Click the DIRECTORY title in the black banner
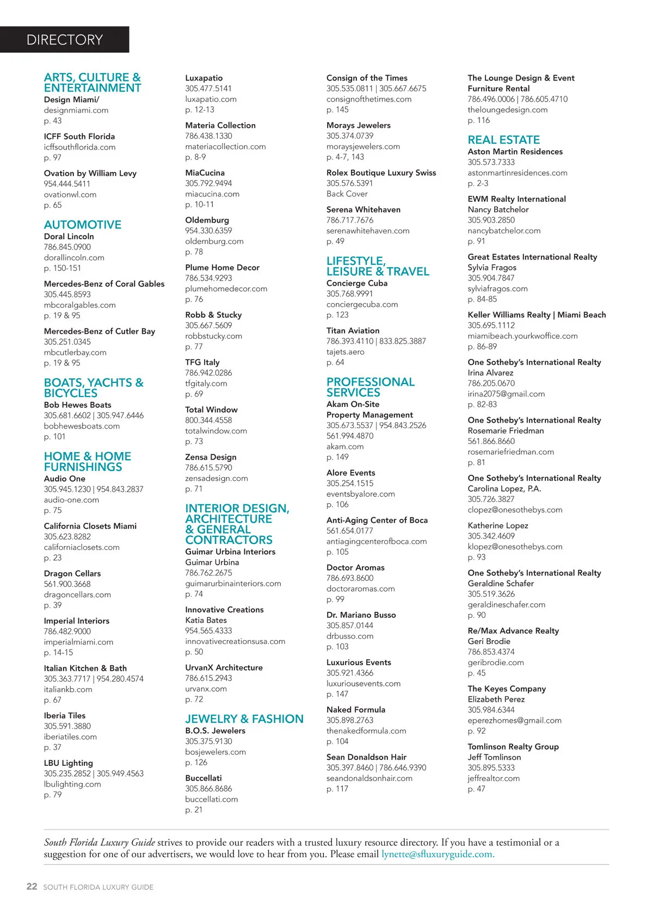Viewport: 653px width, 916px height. pyautogui.click(x=64, y=40)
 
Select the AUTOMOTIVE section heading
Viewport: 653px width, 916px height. pyautogui.click(x=83, y=225)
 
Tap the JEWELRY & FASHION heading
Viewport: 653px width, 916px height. pyautogui.click(x=244, y=719)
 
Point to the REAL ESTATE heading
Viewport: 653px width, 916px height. pyautogui.click(x=504, y=140)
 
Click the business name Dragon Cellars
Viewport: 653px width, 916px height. pyautogui.click(x=72, y=573)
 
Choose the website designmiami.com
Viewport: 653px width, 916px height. pyautogui.click(x=76, y=110)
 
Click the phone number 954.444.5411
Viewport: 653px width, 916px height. pyautogui.click(x=67, y=184)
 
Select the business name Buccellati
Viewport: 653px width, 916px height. pyautogui.click(x=204, y=778)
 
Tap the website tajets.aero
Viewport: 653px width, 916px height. pyautogui.click(x=346, y=352)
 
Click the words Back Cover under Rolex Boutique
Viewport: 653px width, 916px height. pyautogui.click(x=347, y=194)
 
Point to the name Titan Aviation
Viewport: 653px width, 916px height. pyautogui.click(x=353, y=330)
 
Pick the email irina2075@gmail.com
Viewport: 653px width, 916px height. pyautogui.click(x=506, y=394)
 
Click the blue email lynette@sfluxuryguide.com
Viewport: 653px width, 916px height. pyautogui.click(x=438, y=854)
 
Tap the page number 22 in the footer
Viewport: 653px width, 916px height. pyautogui.click(x=32, y=887)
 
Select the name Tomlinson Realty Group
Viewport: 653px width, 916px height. pyautogui.click(x=513, y=746)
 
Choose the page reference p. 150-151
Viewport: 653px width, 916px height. pyautogui.click(x=63, y=268)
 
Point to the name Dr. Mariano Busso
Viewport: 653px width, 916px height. pyautogui.click(x=361, y=615)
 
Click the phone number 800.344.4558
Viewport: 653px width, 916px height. pyautogui.click(x=208, y=420)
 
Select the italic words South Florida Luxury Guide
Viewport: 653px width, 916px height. pyautogui.click(x=100, y=842)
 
